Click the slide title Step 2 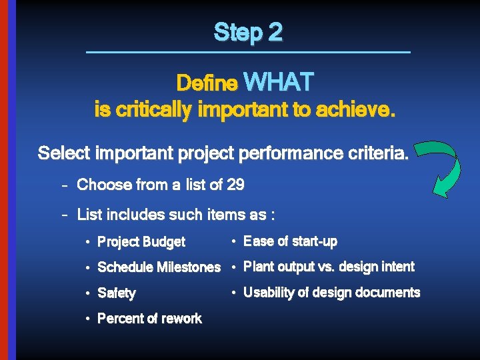tap(248, 32)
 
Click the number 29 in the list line tap(235, 185)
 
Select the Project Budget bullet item tap(141, 242)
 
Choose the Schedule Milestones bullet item tap(159, 267)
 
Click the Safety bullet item tap(117, 293)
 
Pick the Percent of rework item tap(149, 319)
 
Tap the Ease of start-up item tap(290, 241)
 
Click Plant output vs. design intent tap(329, 267)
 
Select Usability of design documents tap(331, 293)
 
